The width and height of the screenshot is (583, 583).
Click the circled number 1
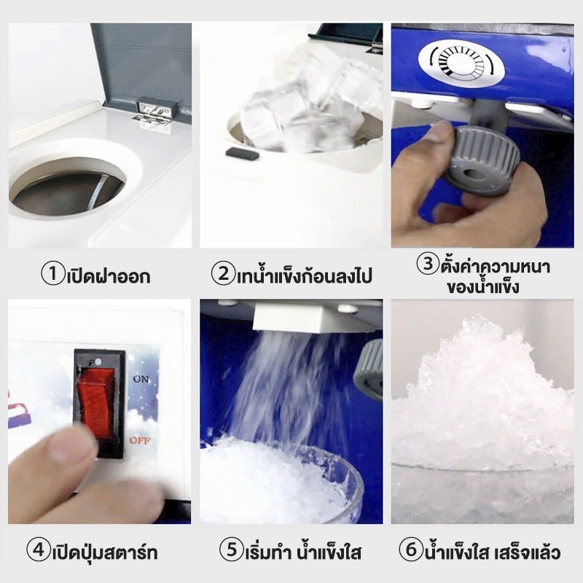53,274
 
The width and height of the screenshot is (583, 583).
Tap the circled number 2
223,274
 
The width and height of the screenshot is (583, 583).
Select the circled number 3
428,264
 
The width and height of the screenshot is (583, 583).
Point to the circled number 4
39,550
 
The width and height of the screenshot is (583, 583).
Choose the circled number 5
231,549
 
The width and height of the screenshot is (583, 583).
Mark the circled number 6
411,549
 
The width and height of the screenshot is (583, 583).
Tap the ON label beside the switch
141,379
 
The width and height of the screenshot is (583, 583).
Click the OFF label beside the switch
140,440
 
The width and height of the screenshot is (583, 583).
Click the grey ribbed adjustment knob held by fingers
482,160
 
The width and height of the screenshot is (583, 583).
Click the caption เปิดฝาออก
109,276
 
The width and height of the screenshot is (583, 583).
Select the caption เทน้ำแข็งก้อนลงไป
304,275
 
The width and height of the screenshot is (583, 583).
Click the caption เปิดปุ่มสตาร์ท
104,552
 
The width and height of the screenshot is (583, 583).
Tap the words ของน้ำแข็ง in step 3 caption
483,287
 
